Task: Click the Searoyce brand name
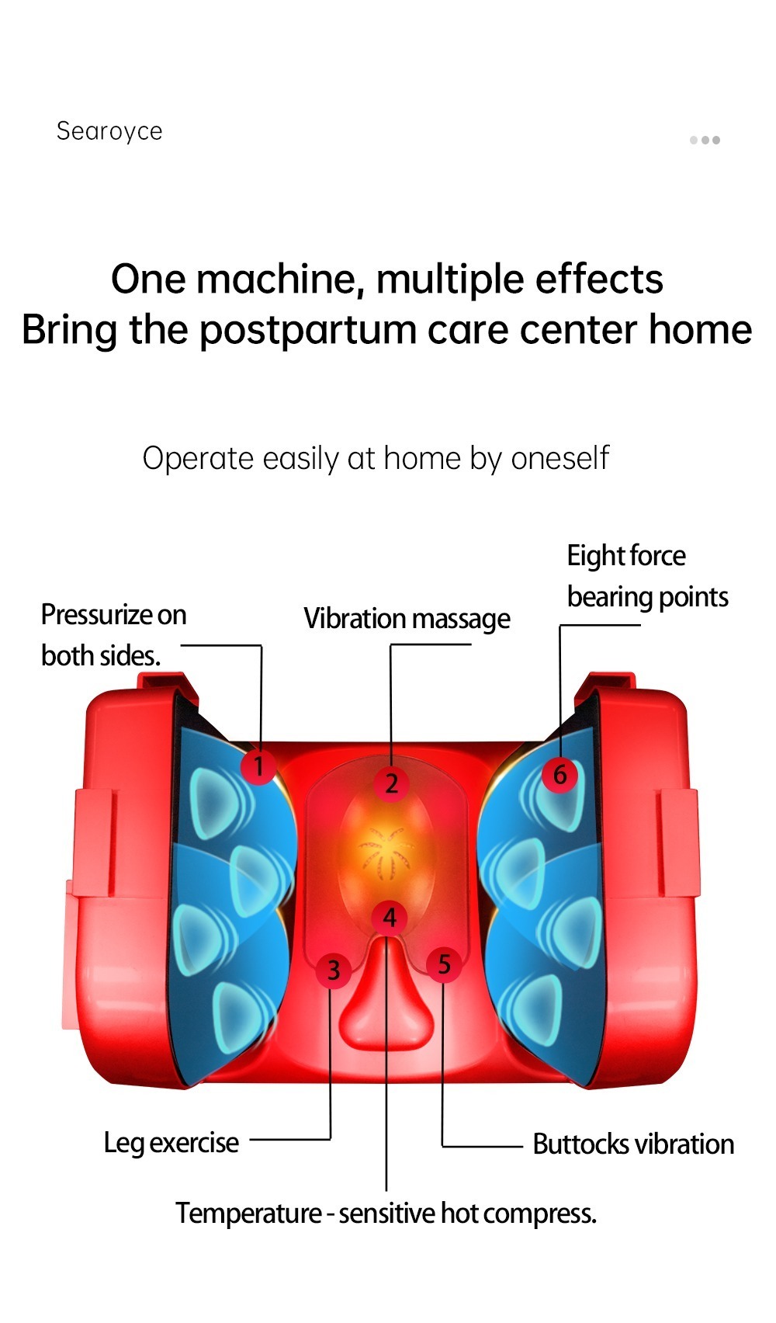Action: pos(109,131)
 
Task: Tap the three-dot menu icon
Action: pos(705,141)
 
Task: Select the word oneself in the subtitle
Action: pos(560,458)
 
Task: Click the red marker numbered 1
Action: pos(258,766)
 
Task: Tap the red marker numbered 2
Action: pos(391,783)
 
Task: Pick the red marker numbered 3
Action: pos(334,970)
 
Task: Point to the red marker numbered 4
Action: pos(390,918)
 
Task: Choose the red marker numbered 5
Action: pos(444,965)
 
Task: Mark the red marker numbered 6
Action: pos(559,774)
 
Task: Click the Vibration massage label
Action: pos(407,619)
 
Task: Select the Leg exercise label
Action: pos(171,1143)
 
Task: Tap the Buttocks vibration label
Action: pos(633,1144)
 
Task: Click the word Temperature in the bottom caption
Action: pos(248,1214)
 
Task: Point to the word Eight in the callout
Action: pos(592,556)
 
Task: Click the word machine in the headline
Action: pos(279,279)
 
